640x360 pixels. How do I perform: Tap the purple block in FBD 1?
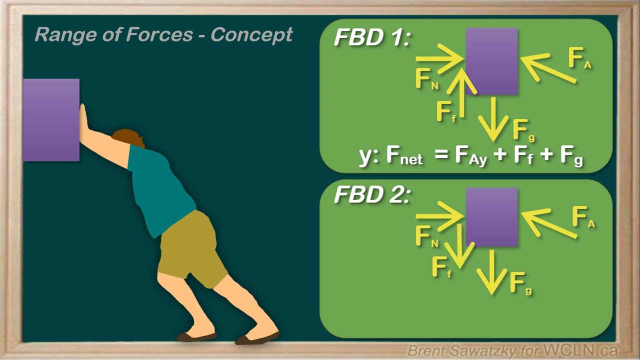[491, 61]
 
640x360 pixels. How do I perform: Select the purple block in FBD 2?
[491, 217]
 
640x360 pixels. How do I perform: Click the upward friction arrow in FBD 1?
[460, 92]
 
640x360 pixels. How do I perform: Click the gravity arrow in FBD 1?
[492, 118]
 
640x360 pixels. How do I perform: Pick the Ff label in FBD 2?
[441, 268]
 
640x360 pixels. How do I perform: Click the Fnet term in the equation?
[404, 157]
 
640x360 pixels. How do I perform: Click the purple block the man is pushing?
[51, 119]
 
